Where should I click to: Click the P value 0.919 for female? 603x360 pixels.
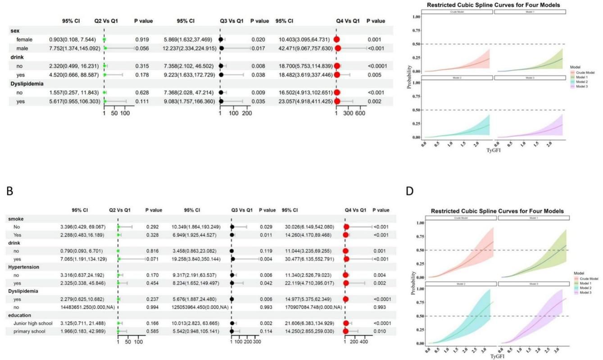(142, 40)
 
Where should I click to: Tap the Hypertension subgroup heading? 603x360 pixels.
(23, 267)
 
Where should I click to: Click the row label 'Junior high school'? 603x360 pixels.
(34, 323)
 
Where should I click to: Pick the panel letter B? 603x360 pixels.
(9, 191)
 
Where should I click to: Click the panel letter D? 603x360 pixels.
(409, 191)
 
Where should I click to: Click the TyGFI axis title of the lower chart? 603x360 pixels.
(497, 356)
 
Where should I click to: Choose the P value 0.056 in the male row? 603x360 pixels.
(142, 48)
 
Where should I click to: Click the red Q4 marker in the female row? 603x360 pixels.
(336, 40)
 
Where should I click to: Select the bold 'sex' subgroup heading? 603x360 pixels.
(16, 31)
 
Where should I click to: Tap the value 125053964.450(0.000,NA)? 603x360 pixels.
(200, 307)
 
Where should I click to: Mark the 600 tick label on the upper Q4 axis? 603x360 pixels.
(360, 113)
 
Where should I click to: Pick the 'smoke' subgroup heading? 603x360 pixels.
(16, 219)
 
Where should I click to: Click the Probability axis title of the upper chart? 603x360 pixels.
(409, 77)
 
